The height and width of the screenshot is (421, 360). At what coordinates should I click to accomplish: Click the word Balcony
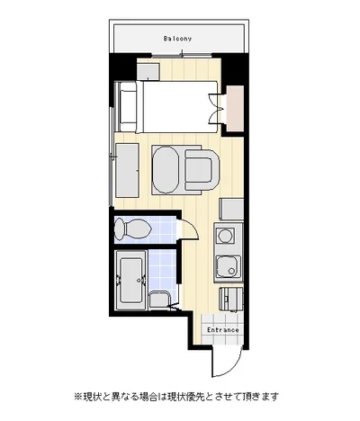[177, 39]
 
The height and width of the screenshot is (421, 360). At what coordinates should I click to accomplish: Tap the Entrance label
[223, 330]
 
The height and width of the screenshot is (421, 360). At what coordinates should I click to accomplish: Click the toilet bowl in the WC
[132, 229]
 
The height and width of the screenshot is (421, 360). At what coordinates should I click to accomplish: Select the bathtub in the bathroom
[130, 281]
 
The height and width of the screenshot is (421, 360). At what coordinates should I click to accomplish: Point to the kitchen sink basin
[229, 267]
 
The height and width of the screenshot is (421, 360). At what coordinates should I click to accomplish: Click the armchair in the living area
[202, 170]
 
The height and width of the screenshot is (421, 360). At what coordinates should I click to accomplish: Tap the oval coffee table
[166, 170]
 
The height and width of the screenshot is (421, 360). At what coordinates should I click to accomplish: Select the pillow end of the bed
[128, 106]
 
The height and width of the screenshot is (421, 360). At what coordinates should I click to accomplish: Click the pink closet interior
[235, 109]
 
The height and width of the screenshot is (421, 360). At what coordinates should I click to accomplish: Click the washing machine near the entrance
[230, 299]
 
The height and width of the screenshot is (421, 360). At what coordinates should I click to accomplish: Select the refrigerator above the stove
[231, 210]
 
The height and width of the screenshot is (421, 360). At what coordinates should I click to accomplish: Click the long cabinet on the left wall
[127, 170]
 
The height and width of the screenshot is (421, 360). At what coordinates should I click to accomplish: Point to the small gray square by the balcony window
[148, 72]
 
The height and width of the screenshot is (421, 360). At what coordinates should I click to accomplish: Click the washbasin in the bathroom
[159, 300]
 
